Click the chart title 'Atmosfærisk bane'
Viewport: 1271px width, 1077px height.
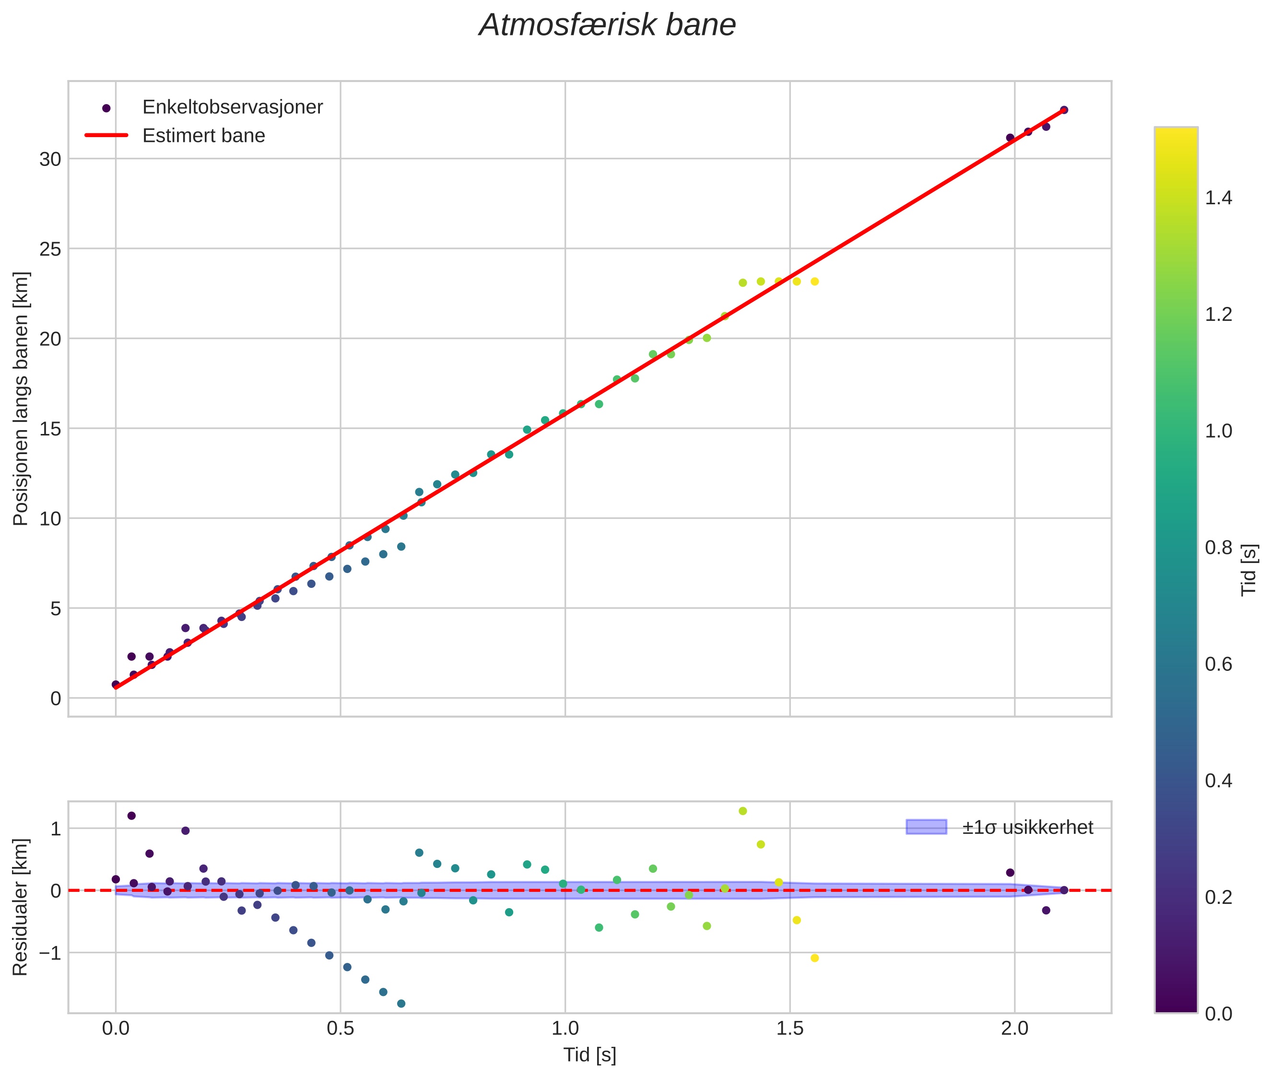tap(607, 25)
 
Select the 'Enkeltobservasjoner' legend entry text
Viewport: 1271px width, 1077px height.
tap(232, 107)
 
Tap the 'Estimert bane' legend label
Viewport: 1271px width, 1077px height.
tap(203, 136)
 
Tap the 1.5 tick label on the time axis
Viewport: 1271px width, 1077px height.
tap(790, 1029)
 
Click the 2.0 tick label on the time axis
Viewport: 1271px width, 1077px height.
tap(1014, 1029)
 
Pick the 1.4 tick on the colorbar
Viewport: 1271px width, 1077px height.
tap(1218, 198)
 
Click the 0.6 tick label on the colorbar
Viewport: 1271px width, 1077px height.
tap(1218, 664)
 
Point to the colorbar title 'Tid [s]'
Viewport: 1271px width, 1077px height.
tap(1249, 570)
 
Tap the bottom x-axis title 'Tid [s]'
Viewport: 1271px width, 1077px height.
tap(589, 1055)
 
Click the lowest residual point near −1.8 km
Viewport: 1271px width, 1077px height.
tap(401, 1003)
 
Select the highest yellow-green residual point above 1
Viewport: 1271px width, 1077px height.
tap(742, 811)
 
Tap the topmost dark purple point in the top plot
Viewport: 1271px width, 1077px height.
tap(1063, 110)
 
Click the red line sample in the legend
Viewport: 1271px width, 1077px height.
tap(106, 136)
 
